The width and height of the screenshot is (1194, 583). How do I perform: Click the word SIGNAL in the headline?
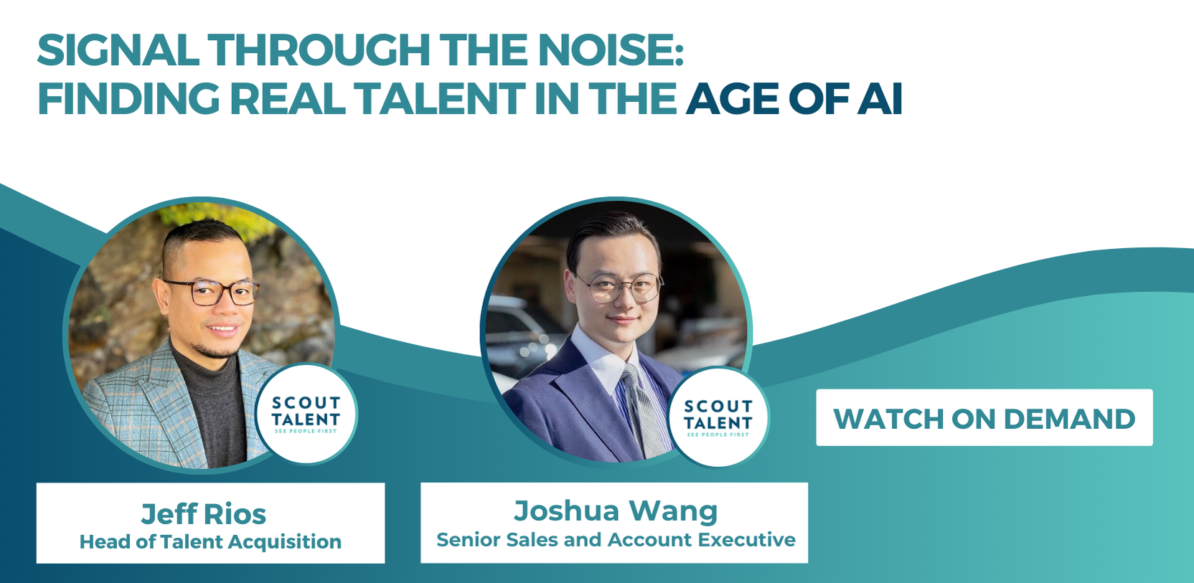point(118,50)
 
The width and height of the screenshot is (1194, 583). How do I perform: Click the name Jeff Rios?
point(204,514)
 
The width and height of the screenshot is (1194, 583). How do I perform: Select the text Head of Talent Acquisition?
point(210,542)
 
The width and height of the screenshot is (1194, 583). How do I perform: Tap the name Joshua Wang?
point(616,511)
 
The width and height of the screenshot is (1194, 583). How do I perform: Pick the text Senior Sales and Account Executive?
point(616,540)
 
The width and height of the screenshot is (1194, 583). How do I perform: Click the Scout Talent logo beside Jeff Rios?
point(306,414)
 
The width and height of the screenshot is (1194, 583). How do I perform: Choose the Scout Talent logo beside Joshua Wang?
point(718,418)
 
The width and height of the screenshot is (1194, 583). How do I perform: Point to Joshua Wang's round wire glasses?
point(621,287)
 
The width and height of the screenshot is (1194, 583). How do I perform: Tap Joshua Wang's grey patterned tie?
point(642,410)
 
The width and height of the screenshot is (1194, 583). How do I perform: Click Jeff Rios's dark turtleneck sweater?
point(213,410)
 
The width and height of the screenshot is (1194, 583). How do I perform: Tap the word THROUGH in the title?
point(319,50)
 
